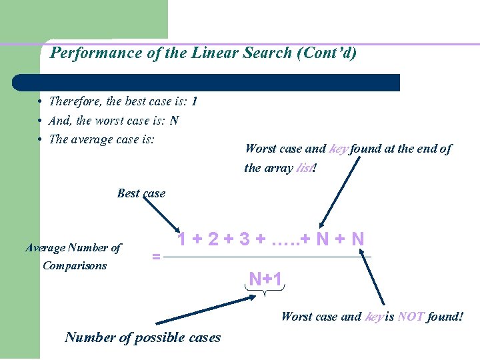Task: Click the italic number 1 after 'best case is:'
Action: click(x=194, y=102)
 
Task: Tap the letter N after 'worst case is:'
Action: click(x=174, y=121)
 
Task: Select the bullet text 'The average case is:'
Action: click(x=102, y=139)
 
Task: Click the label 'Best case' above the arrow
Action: click(x=141, y=193)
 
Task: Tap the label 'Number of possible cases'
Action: click(x=143, y=337)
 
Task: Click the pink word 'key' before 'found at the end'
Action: click(x=338, y=149)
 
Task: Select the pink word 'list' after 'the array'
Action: click(x=305, y=168)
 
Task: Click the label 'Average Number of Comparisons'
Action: click(x=73, y=257)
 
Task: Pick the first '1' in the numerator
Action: click(x=181, y=239)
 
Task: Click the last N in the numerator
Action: click(x=357, y=239)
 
